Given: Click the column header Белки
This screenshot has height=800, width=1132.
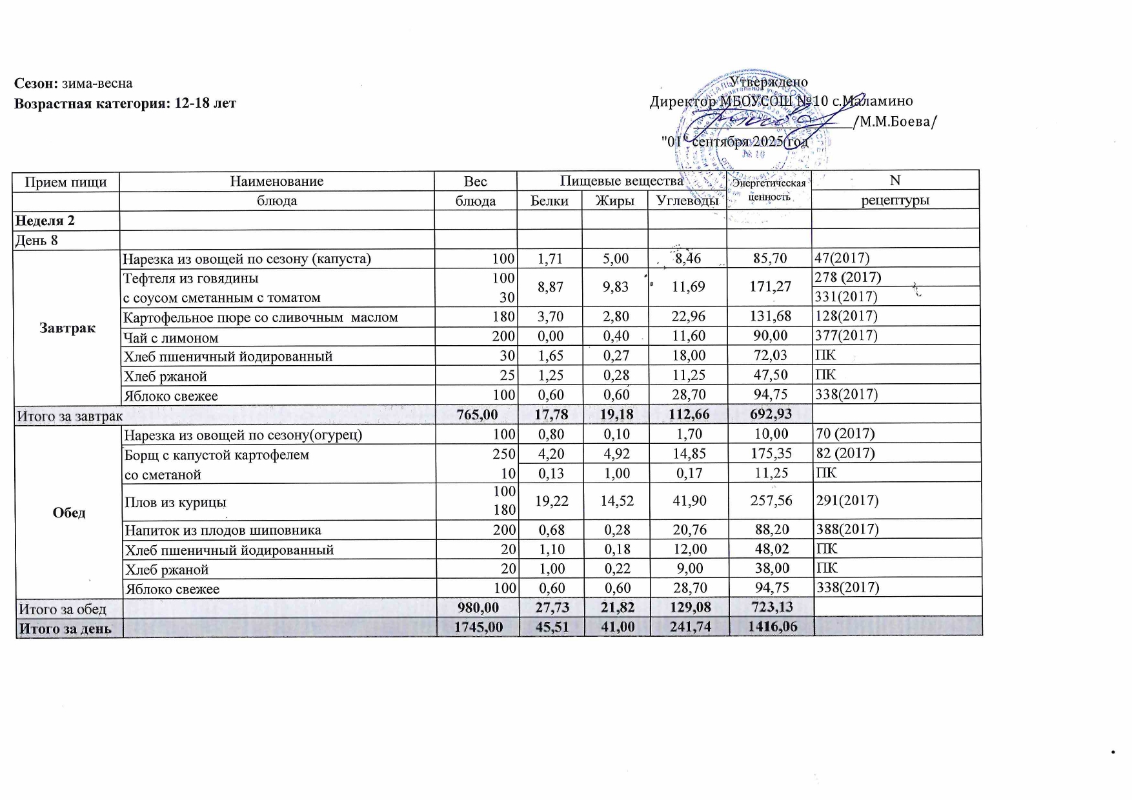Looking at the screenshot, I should pyautogui.click(x=549, y=201).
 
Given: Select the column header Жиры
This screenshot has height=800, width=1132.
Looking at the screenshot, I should pyautogui.click(x=614, y=201).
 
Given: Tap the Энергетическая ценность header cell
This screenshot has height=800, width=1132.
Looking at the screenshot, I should pyautogui.click(x=769, y=190).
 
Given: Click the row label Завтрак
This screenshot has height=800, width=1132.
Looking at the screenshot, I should pyautogui.click(x=67, y=328).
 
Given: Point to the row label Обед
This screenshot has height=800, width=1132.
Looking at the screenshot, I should pyautogui.click(x=69, y=513).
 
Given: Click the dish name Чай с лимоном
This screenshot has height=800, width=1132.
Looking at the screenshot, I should pyautogui.click(x=171, y=337).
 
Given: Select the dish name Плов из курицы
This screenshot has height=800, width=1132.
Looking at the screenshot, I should pyautogui.click(x=176, y=502).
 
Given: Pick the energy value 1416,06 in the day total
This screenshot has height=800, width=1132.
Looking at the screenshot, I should pyautogui.click(x=771, y=626).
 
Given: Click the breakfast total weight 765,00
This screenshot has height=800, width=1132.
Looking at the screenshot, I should pyautogui.click(x=477, y=415).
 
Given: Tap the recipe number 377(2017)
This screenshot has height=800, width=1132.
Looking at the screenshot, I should pyautogui.click(x=846, y=335).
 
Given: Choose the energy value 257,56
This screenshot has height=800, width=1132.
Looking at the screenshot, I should pyautogui.click(x=771, y=501).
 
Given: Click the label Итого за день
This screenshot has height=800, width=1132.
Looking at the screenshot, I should pyautogui.click(x=65, y=628).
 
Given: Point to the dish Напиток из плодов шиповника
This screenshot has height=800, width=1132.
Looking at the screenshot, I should pyautogui.click(x=223, y=530).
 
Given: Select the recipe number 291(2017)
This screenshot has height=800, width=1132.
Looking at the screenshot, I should pyautogui.click(x=847, y=501).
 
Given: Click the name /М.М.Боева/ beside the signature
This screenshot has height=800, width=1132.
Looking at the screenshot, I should pyautogui.click(x=894, y=122).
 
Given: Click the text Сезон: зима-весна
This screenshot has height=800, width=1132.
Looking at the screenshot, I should pyautogui.click(x=74, y=83).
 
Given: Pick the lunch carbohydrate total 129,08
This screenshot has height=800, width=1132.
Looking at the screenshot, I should pyautogui.click(x=689, y=607).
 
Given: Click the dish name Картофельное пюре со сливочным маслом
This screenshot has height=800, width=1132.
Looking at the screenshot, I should pyautogui.click(x=261, y=317).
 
